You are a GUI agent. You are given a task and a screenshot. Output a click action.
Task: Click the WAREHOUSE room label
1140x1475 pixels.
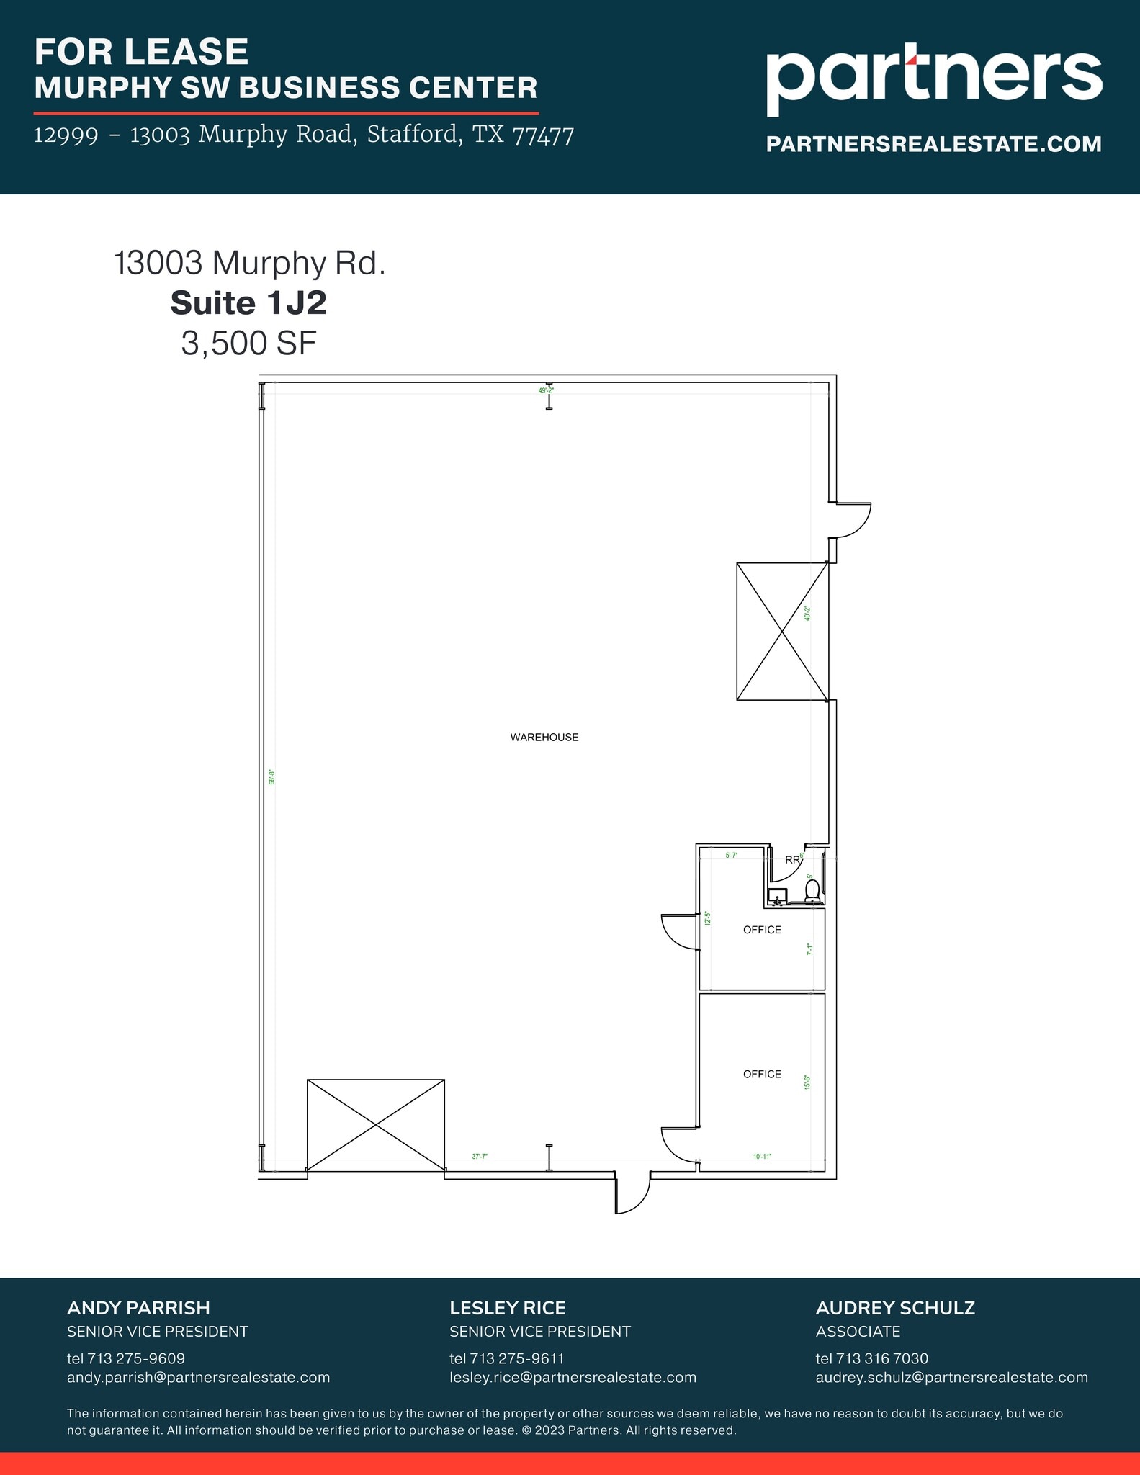[544, 737]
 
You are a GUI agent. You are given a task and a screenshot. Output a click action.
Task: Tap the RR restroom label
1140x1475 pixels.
[792, 859]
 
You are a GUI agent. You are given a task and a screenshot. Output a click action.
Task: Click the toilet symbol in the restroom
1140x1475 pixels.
[812, 892]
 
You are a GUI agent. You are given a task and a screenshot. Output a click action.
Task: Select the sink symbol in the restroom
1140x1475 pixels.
[777, 897]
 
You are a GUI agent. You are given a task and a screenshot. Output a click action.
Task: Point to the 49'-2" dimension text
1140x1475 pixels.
[546, 390]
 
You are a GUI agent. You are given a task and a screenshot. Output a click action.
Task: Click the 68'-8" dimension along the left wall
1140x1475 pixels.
[272, 777]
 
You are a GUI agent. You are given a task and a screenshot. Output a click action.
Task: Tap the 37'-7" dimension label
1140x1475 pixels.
[480, 1157]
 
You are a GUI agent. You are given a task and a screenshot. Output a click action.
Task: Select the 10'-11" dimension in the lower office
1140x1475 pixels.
[762, 1157]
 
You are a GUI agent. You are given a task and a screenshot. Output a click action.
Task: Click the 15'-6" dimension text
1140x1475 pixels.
[807, 1082]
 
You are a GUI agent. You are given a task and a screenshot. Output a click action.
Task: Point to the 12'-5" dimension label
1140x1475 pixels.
[708, 919]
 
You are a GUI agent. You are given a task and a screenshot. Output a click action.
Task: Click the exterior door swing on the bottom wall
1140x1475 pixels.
[632, 1193]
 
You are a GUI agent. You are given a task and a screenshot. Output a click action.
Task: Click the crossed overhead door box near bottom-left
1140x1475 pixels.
[375, 1125]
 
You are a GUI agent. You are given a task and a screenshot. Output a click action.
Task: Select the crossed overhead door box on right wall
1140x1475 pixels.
[782, 631]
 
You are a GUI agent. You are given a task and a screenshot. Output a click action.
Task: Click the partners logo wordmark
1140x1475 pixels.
[933, 77]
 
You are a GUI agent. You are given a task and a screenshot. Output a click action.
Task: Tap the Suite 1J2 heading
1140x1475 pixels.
[248, 303]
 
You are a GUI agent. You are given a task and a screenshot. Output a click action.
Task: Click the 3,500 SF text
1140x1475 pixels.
[248, 344]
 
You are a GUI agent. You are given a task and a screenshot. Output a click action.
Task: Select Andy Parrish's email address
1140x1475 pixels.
[198, 1378]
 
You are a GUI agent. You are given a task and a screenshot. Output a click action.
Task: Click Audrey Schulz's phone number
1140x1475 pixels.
[871, 1358]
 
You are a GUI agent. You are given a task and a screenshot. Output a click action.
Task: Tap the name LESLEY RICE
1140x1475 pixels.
[507, 1308]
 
